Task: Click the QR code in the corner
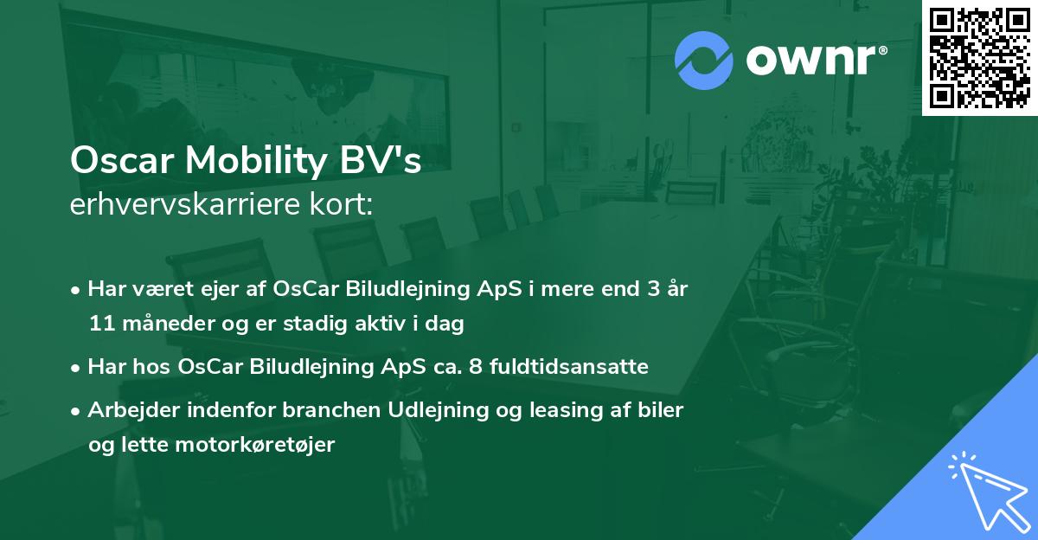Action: pos(979,57)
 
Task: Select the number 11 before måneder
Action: pos(99,324)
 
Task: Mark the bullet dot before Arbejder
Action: pos(76,411)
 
